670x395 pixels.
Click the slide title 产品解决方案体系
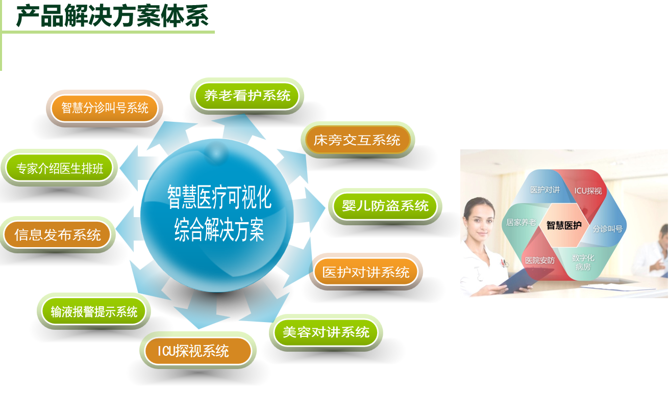[x=112, y=16]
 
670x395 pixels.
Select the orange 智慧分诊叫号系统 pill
[x=105, y=108]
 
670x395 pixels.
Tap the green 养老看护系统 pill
[x=247, y=96]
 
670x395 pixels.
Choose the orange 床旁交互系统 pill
[x=357, y=140]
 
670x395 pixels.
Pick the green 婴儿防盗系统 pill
[x=385, y=206]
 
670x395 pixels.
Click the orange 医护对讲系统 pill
[x=365, y=272]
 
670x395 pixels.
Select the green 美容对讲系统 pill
[x=326, y=332]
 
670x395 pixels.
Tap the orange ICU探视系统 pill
[x=197, y=351]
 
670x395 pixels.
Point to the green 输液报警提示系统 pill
[x=93, y=311]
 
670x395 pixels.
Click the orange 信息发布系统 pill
[x=58, y=235]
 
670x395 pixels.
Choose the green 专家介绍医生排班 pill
[x=59, y=168]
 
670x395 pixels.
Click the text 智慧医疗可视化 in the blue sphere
[x=219, y=197]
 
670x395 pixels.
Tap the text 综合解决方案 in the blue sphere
[x=219, y=229]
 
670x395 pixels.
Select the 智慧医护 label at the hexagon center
[x=564, y=225]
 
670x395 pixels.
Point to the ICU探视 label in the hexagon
[x=588, y=191]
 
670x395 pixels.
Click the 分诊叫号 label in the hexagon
[x=607, y=229]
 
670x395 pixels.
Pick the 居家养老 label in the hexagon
[x=521, y=222]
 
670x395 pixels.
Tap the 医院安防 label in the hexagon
[x=540, y=260]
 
